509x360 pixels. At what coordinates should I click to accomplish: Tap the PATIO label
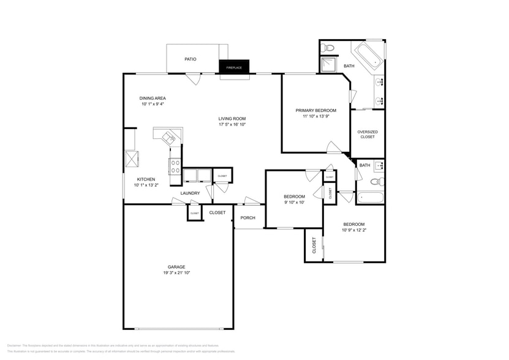(190, 59)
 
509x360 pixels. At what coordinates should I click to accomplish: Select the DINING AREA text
(153, 98)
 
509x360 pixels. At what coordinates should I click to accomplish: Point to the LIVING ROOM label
(232, 119)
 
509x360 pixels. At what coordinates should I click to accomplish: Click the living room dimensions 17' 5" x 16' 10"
(232, 125)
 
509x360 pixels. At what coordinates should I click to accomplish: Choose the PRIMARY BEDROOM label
(316, 110)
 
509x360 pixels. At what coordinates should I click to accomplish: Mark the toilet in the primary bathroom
(328, 47)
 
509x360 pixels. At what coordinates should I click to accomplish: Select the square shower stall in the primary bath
(329, 65)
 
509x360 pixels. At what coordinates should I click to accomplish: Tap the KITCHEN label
(146, 179)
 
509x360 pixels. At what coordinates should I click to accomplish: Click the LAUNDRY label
(190, 193)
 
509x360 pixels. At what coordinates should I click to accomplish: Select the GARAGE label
(176, 267)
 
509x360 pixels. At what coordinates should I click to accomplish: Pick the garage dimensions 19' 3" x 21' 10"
(176, 273)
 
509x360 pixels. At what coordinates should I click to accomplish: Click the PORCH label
(247, 218)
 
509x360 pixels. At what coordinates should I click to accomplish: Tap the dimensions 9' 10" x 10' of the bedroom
(294, 203)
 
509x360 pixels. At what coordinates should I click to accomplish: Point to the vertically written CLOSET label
(314, 246)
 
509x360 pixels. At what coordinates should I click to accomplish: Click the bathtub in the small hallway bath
(371, 198)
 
